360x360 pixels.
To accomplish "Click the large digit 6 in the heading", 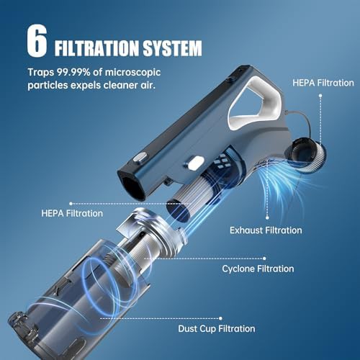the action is [x=37, y=41].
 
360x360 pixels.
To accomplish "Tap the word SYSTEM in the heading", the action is [x=172, y=48].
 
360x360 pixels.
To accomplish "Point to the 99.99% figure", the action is [x=73, y=72].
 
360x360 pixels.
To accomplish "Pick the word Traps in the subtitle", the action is [x=41, y=73].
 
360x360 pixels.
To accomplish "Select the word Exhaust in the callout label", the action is [x=246, y=230].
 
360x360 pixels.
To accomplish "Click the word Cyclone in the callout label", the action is [x=238, y=269].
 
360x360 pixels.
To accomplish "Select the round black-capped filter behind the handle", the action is [x=305, y=154].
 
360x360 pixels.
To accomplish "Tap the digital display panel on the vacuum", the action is [x=222, y=161].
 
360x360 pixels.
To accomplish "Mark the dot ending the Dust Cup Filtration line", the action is [x=220, y=318].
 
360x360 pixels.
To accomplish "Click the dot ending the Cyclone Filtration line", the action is [x=264, y=258].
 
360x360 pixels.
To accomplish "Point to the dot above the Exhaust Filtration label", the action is [x=267, y=217].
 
